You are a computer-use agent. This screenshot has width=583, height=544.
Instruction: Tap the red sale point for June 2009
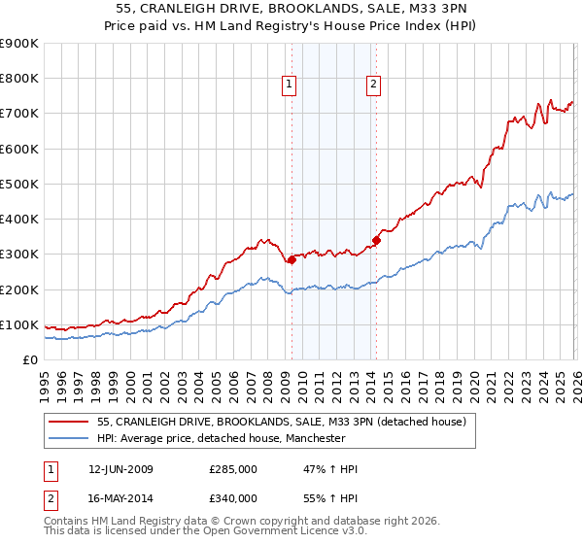(x=291, y=259)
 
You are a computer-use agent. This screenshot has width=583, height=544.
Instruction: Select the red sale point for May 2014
(x=376, y=240)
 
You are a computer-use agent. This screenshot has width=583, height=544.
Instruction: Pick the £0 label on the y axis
(x=29, y=359)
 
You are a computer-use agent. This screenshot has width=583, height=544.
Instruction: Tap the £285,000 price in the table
(x=233, y=469)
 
